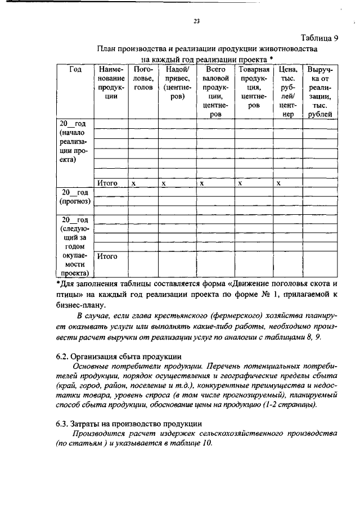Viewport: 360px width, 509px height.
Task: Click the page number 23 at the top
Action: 196,22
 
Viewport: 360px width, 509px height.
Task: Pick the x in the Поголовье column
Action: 134,183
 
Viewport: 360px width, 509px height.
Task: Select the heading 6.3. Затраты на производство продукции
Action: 129,423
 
